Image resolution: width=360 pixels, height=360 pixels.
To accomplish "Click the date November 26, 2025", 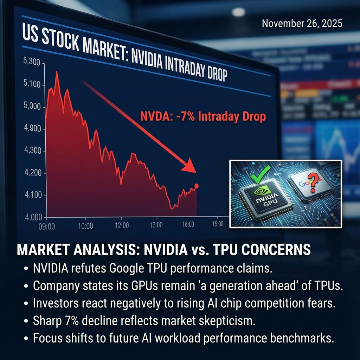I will click(302, 24).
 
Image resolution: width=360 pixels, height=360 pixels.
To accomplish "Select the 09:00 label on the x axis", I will click(46, 226).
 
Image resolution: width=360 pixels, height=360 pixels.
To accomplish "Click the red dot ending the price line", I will click(196, 186).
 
